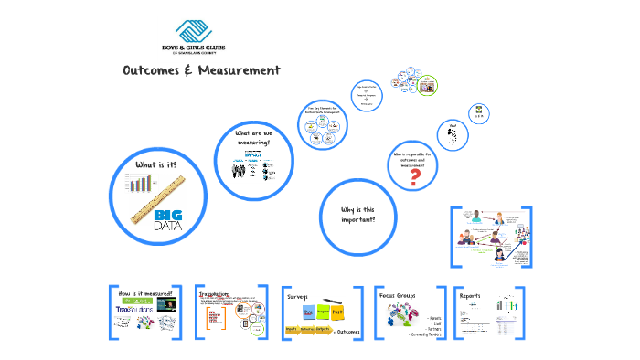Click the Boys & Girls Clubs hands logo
point(195,30)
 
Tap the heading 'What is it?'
point(155,164)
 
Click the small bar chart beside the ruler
point(140,185)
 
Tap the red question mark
point(415,177)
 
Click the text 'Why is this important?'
point(357,215)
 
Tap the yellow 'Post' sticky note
point(336,312)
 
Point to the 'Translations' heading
point(214,294)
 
